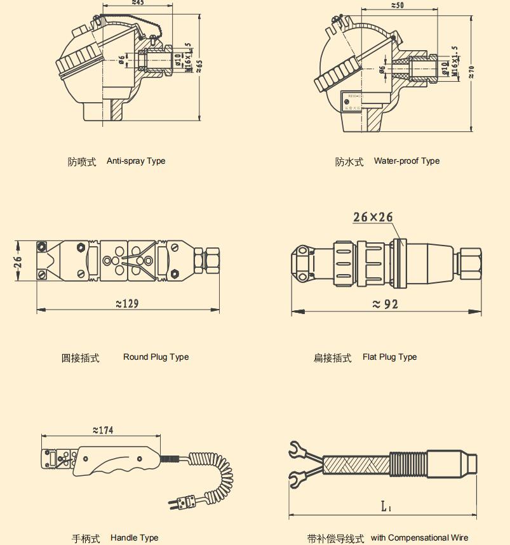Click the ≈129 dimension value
click(127, 303)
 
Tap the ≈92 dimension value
click(386, 304)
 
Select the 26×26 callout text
click(373, 217)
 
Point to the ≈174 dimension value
click(103, 430)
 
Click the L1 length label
click(386, 506)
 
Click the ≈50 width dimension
click(397, 5)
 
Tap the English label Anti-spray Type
click(136, 161)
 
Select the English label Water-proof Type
click(406, 161)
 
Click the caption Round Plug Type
click(156, 357)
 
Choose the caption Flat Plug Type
click(389, 357)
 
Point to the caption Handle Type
click(134, 538)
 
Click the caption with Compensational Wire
click(419, 538)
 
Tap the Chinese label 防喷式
click(82, 162)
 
